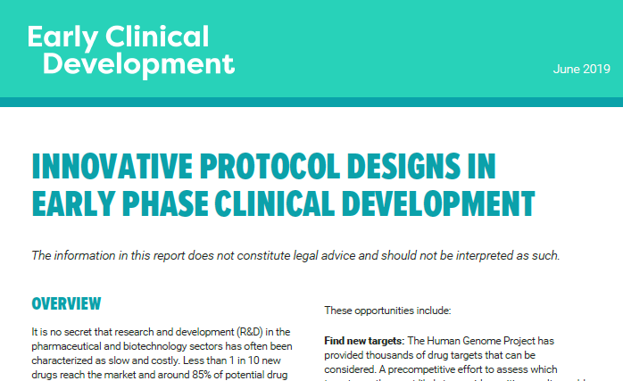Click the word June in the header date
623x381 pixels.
click(567, 70)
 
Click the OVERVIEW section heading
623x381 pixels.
click(66, 304)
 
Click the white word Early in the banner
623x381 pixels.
click(62, 37)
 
